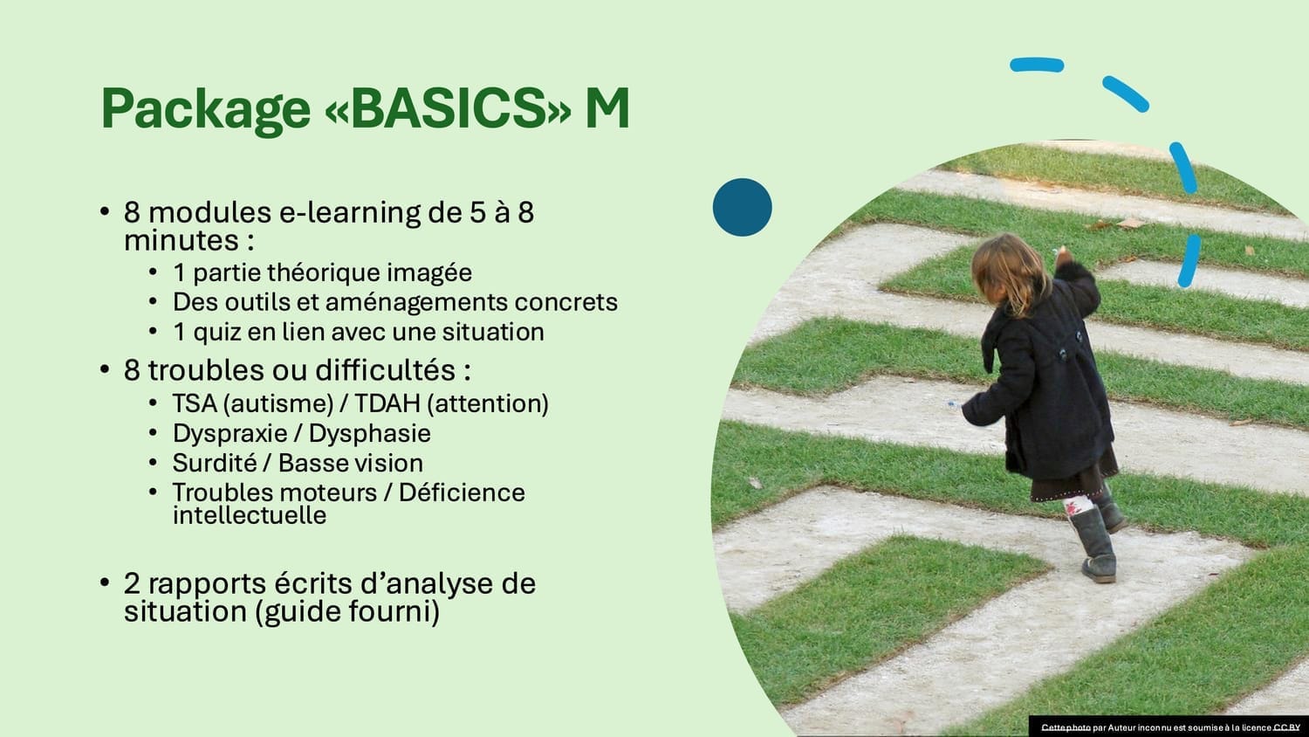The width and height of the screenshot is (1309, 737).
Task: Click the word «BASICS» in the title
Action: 448,109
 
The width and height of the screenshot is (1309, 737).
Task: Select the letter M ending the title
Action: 607,109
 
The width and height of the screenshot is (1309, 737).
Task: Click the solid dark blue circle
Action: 742,207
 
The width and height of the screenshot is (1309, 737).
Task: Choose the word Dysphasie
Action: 369,434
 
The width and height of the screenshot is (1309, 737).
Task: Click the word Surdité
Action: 215,464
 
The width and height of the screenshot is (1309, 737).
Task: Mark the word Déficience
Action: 462,492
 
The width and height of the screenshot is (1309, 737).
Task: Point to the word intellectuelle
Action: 250,516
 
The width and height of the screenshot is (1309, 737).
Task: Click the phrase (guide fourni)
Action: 347,612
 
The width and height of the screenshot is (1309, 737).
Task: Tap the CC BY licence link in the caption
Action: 1286,727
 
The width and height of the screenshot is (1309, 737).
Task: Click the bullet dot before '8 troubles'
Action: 105,369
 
